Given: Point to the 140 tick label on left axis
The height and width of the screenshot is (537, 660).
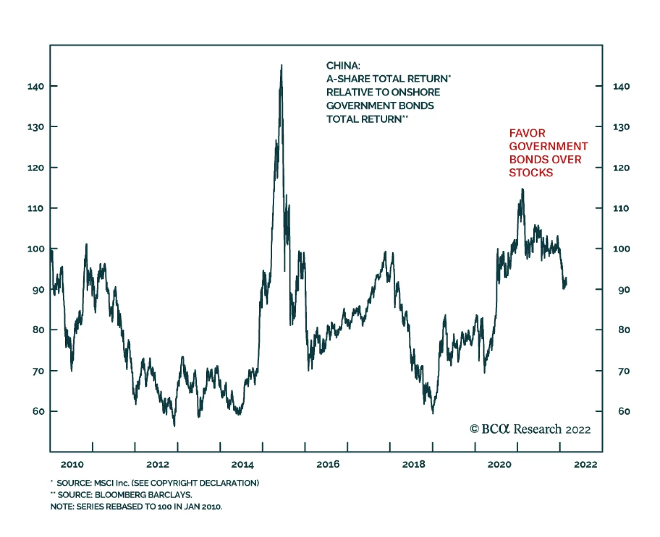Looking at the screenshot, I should [36, 86].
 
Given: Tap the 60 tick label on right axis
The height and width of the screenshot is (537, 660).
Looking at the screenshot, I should [624, 411].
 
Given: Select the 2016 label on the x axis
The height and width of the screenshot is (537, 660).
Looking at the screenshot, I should [328, 465].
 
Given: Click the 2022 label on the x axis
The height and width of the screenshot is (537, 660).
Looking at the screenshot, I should [585, 465].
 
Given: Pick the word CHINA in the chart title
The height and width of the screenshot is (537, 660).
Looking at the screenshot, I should [343, 66].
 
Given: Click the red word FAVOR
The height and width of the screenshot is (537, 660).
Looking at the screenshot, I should [527, 133].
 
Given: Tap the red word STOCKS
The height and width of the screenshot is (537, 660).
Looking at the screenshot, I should [531, 173].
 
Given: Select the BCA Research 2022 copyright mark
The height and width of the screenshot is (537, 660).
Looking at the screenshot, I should [530, 429].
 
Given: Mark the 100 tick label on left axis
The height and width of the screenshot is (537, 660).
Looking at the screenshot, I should [36, 249].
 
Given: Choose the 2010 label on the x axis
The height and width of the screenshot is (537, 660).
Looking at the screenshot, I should [72, 465].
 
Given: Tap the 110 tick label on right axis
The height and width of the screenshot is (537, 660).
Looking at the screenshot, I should [621, 208].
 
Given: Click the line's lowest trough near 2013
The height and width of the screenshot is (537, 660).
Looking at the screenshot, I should [174, 426].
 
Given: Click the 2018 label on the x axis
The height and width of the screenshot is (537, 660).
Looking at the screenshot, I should [413, 465].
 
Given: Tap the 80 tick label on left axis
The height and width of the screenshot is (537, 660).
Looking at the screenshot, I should [38, 330].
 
